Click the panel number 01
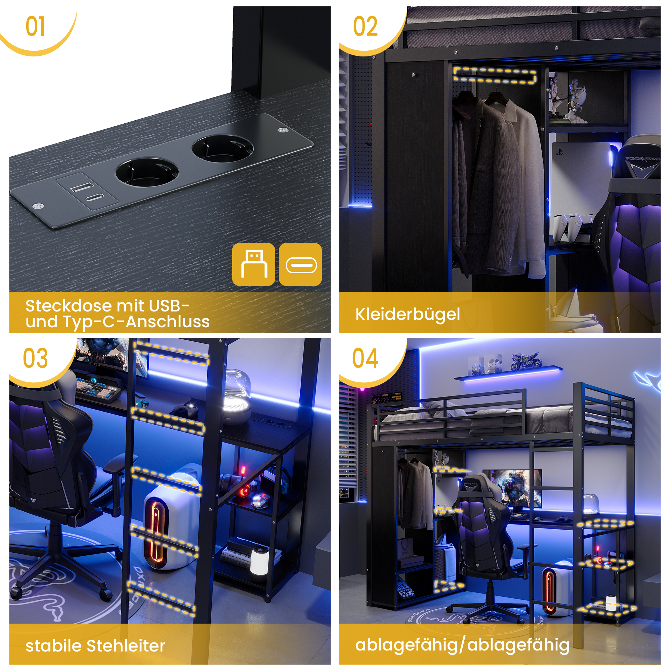pyautogui.click(x=35, y=27)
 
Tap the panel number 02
pyautogui.click(x=365, y=27)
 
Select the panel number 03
pyautogui.click(x=35, y=358)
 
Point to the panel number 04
pyautogui.click(x=365, y=358)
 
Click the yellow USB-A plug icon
pyautogui.click(x=254, y=264)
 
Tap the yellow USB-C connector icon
pyautogui.click(x=300, y=264)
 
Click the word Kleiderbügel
pyautogui.click(x=407, y=314)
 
